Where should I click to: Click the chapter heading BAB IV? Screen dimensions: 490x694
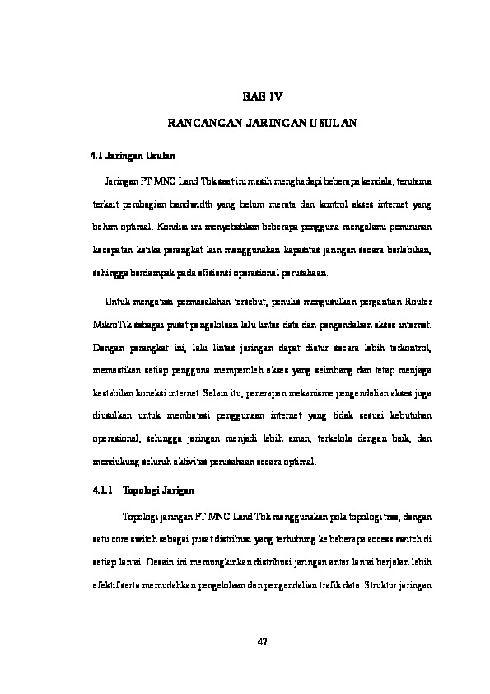(x=262, y=96)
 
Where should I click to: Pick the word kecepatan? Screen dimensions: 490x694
(x=110, y=248)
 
